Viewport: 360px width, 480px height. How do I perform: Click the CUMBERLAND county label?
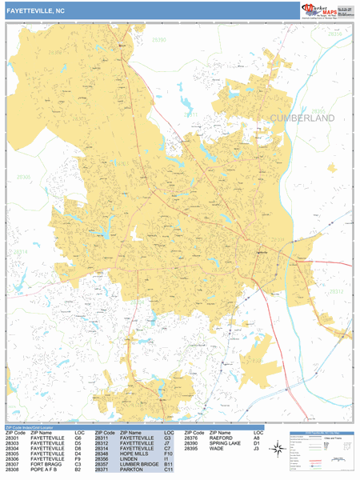[302, 118]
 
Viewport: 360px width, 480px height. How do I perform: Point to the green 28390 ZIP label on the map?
[158, 39]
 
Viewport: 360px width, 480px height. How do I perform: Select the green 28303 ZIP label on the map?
[23, 177]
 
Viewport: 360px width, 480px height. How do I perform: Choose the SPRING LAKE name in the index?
[227, 442]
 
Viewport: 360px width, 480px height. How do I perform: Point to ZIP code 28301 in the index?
[13, 437]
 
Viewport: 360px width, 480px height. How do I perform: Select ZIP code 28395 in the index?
[191, 448]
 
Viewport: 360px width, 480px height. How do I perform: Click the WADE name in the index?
[216, 448]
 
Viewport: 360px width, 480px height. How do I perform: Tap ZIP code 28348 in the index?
[102, 454]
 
